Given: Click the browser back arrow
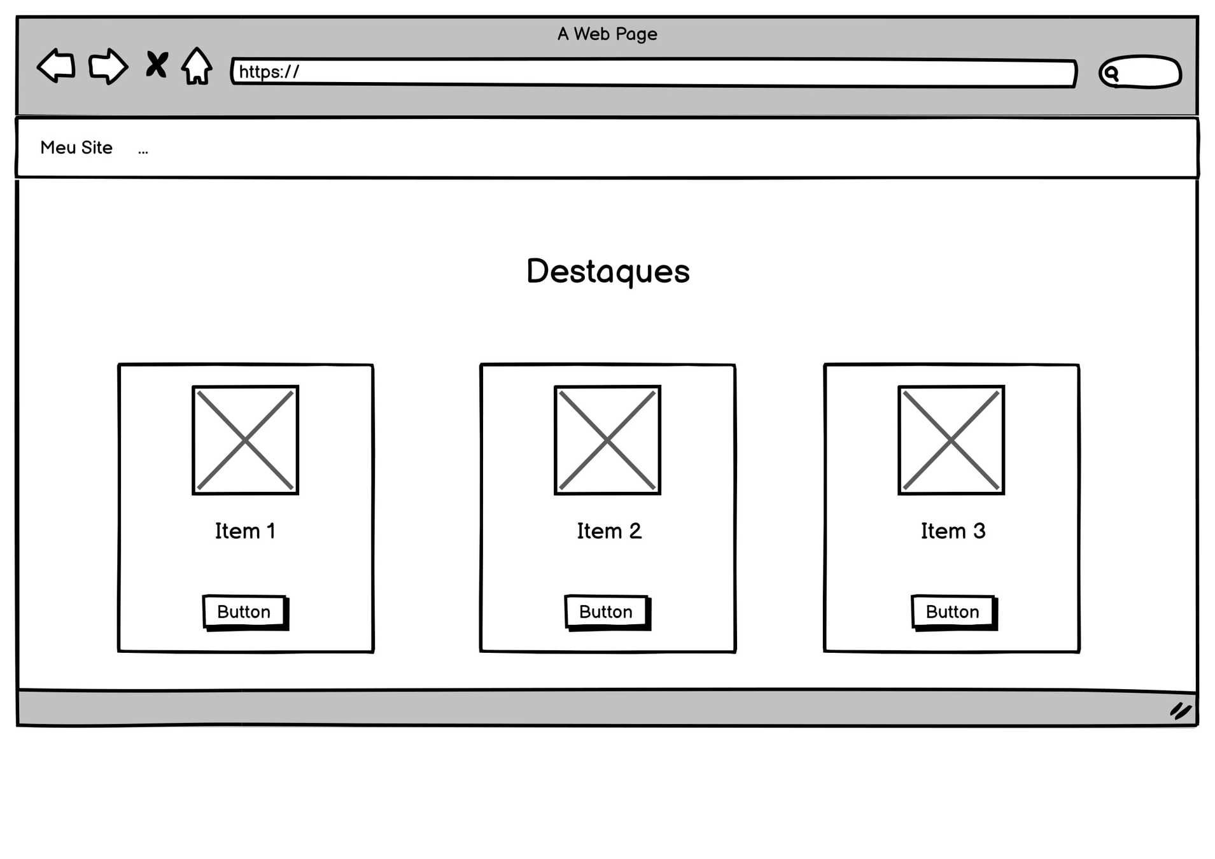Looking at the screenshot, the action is click(56, 66).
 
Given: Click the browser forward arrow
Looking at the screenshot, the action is click(108, 66).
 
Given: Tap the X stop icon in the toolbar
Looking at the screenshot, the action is click(157, 64).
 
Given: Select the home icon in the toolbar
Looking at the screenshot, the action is click(197, 66).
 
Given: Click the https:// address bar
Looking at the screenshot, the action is click(653, 72).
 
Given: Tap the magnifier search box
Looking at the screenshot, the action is click(1140, 73).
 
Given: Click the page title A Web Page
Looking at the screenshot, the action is click(607, 34).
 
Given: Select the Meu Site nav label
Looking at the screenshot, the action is click(76, 148).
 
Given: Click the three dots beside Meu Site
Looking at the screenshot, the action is click(143, 151).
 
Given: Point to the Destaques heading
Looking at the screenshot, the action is click(608, 271).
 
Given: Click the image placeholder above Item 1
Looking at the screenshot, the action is click(245, 440).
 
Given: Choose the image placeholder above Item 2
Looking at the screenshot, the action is click(607, 440).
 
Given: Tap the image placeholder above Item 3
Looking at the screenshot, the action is click(951, 440).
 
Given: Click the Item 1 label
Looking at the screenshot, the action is click(245, 531).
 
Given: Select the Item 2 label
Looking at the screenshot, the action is click(609, 531).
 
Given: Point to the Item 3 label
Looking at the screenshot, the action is click(953, 531).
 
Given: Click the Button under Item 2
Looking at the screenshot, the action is click(607, 612).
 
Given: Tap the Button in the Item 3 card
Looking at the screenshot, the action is click(953, 612).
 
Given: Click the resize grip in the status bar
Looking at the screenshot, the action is click(1180, 710).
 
